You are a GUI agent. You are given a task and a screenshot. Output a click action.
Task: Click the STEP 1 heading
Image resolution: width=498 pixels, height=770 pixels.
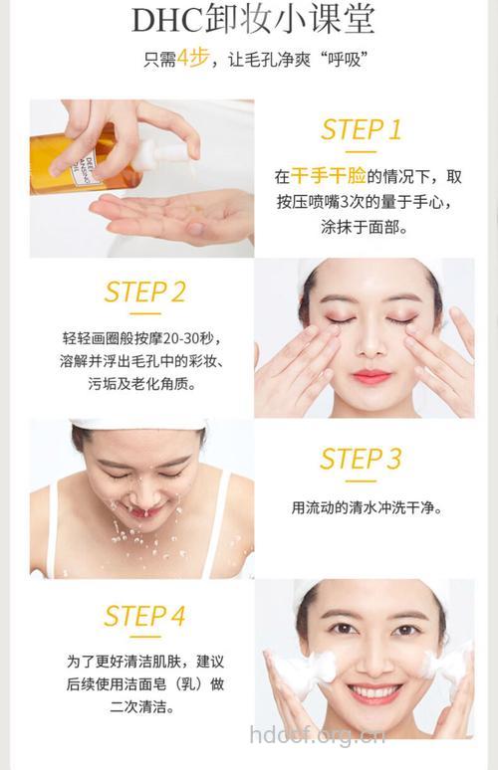click(362, 129)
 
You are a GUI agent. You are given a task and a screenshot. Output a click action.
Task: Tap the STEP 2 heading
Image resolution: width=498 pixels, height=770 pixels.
click(145, 291)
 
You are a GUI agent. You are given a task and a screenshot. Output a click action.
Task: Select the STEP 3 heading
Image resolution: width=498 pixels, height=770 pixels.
click(361, 459)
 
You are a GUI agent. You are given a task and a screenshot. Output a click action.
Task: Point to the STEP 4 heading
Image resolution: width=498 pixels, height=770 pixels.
click(145, 616)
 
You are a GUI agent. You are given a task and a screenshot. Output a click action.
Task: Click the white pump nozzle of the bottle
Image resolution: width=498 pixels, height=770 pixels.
click(160, 152)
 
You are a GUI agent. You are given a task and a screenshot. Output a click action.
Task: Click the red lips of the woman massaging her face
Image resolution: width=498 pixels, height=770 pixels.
click(371, 376)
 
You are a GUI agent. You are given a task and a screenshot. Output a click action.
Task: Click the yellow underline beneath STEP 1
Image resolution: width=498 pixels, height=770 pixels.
click(362, 152)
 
